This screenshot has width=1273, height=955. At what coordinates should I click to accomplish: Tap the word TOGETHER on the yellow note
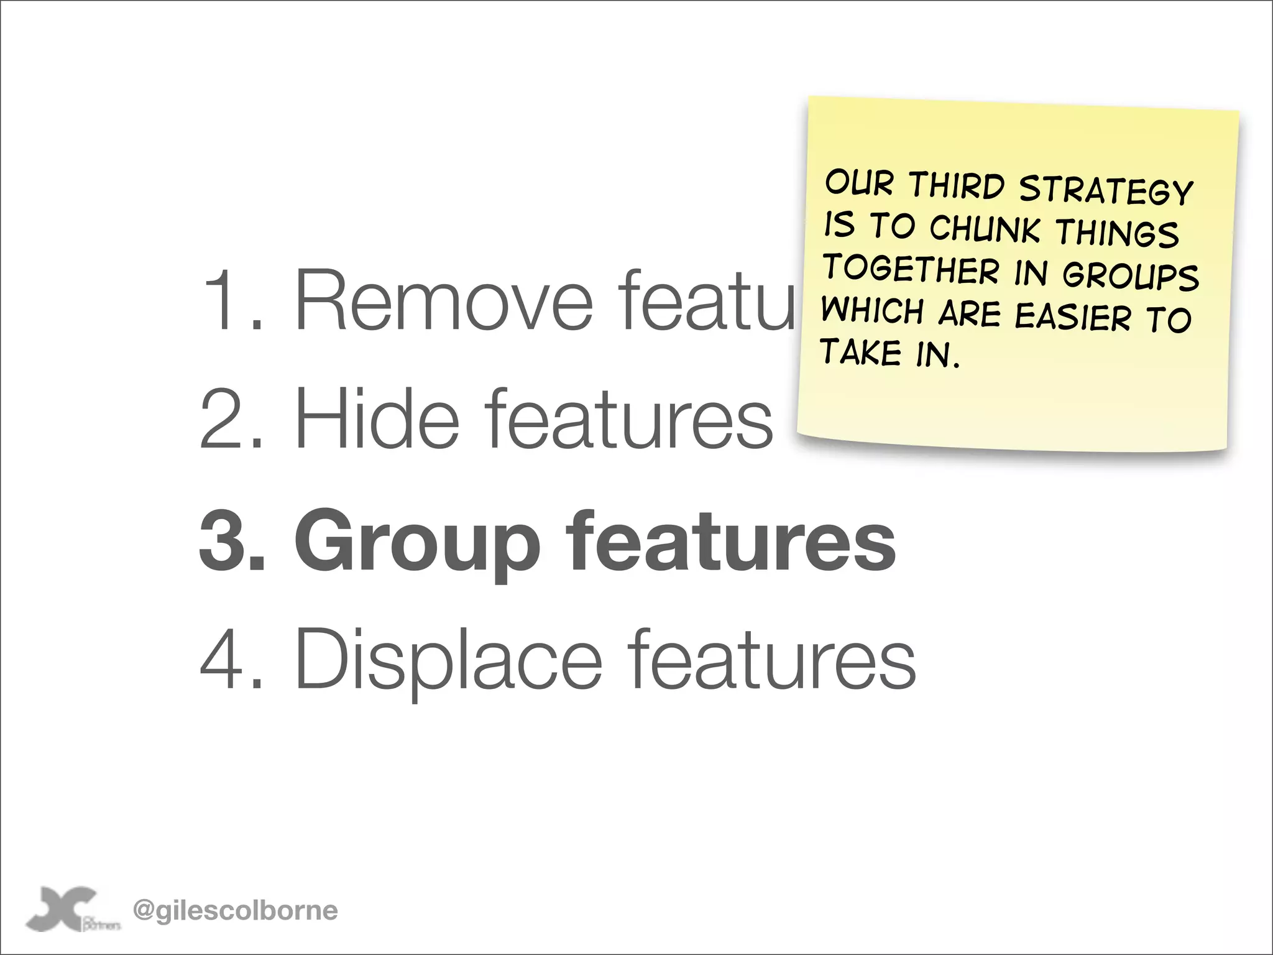tap(910, 270)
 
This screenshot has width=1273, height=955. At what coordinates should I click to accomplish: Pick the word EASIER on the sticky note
tap(1073, 316)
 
